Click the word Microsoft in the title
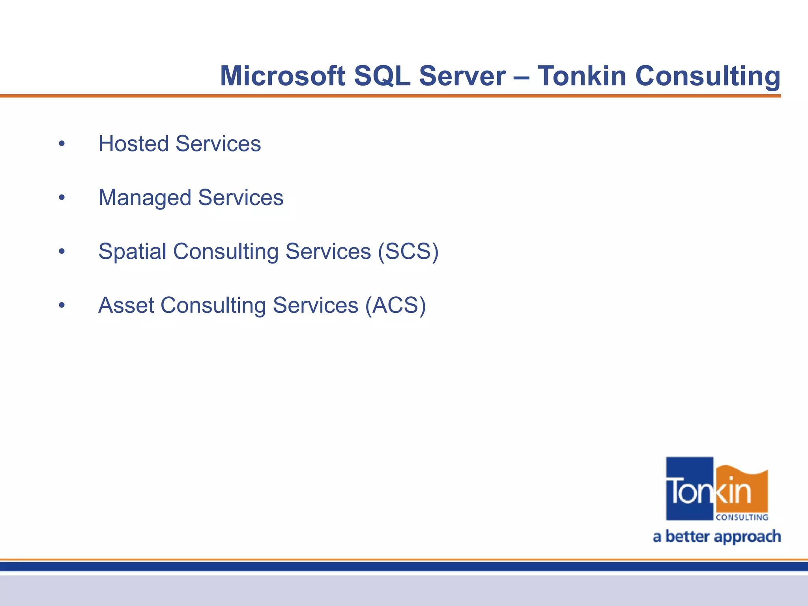282,76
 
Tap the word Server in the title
462,76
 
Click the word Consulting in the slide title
708,77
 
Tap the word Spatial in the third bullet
132,252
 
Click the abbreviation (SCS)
408,252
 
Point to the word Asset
126,306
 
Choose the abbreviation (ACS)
395,306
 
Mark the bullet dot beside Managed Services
62,198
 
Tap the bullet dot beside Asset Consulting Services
62,306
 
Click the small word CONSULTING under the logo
742,517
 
